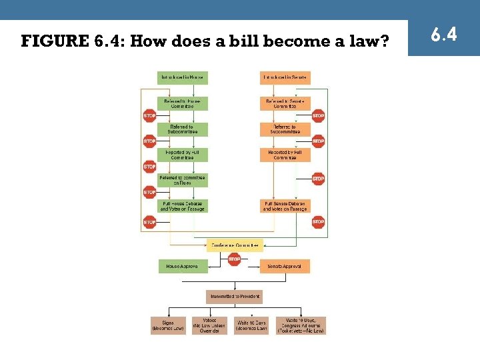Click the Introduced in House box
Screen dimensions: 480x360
[182, 77]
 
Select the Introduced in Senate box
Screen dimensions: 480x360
[285, 77]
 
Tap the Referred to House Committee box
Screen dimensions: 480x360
[182, 103]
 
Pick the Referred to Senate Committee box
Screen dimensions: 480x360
[285, 103]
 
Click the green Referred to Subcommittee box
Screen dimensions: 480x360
[182, 129]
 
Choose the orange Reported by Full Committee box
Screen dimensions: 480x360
[285, 155]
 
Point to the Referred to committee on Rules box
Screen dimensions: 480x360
[182, 180]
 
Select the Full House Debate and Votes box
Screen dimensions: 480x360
[182, 206]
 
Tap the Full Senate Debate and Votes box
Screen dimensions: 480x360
[285, 206]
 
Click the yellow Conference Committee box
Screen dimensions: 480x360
[234, 245]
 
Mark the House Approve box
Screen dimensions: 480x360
[182, 266]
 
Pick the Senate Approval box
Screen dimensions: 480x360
[285, 266]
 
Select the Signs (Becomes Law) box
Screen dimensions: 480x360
[167, 325]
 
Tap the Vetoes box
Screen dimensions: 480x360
[209, 325]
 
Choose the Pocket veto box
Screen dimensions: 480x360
[301, 325]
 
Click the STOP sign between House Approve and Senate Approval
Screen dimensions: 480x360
[234, 260]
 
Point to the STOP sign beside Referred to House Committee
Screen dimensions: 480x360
[149, 115]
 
